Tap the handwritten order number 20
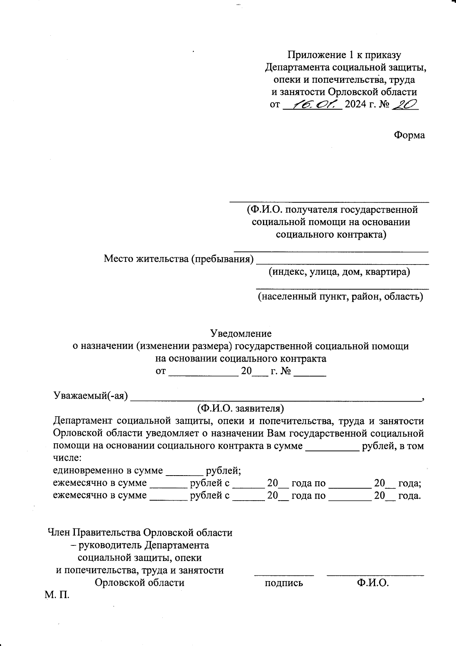pos(405,104)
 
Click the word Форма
pos(409,135)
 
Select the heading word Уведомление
pos(241,334)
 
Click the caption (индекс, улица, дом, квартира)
pos(339,272)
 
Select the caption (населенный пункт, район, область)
pos(340,296)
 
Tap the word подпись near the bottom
pos(284,583)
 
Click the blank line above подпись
pos(284,575)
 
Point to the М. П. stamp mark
pos(57,595)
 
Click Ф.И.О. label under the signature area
pos(373,583)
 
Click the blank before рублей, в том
pos(332,449)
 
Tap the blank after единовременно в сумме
pos(184,474)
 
